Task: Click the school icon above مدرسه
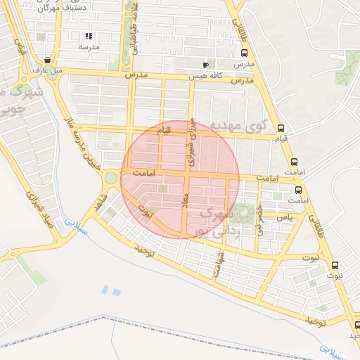click(88, 36)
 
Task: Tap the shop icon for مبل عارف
click(47, 60)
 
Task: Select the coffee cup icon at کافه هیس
click(205, 64)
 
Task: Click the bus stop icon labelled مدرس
click(244, 53)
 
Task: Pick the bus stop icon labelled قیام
click(281, 128)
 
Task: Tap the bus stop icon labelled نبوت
click(334, 266)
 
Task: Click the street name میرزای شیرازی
click(190, 141)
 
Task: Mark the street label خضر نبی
click(259, 219)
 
